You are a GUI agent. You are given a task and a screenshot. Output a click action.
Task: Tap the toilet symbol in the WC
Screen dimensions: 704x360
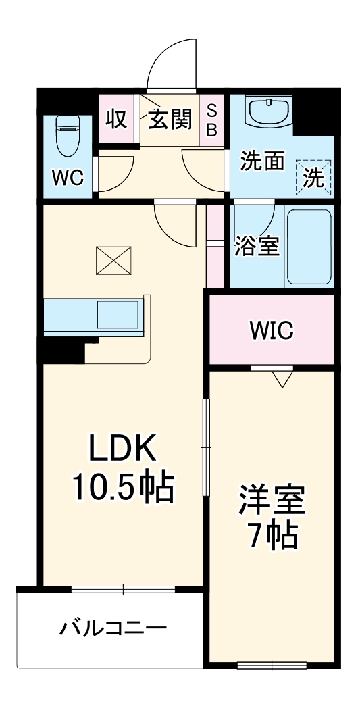68,134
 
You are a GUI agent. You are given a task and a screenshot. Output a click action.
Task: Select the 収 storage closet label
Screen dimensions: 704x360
116,119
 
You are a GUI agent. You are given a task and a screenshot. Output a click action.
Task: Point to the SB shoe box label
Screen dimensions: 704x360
211,120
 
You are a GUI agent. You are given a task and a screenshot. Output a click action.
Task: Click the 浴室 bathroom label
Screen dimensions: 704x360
257,246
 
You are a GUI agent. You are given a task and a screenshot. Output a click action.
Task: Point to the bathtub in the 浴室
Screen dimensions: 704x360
309,247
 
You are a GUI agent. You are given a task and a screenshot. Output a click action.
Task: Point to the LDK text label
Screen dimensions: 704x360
124,448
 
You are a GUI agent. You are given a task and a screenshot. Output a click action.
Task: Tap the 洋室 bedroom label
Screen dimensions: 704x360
272,501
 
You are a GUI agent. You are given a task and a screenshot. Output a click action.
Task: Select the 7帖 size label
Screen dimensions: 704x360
272,536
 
